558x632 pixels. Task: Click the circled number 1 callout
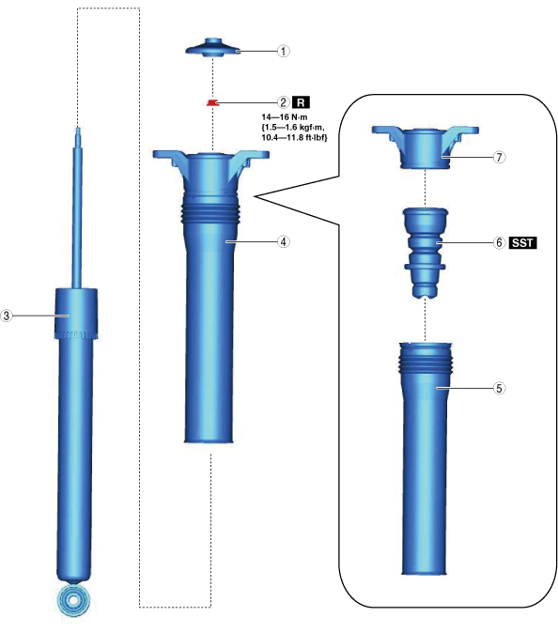click(x=284, y=52)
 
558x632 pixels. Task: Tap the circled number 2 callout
click(x=284, y=102)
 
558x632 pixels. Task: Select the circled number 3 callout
click(x=6, y=316)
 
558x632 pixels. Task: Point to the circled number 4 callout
click(x=284, y=241)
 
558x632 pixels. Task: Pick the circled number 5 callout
click(x=499, y=388)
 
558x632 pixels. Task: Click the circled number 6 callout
click(x=499, y=242)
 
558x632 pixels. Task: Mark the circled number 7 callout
click(x=499, y=157)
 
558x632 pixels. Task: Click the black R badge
click(x=301, y=102)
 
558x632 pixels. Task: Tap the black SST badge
click(x=523, y=242)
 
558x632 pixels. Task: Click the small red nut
click(x=212, y=102)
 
